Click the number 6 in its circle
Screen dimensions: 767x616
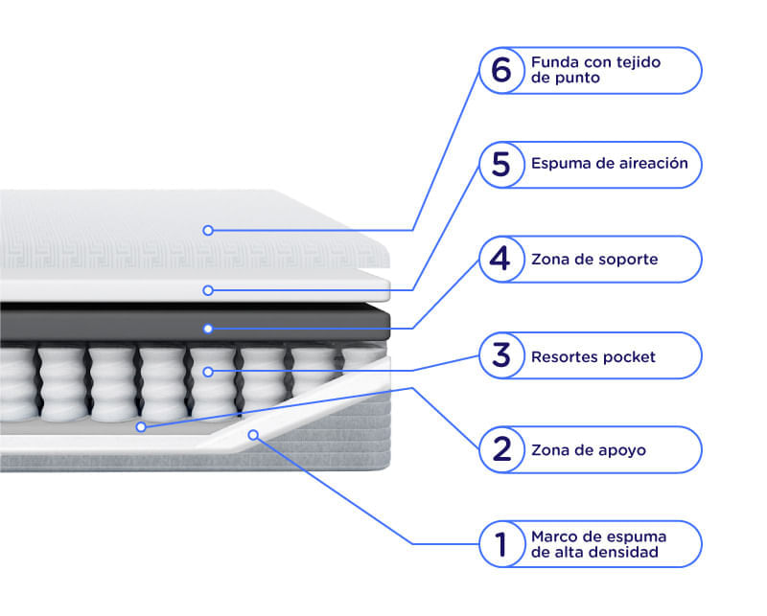pos(501,70)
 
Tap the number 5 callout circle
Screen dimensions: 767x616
pos(501,165)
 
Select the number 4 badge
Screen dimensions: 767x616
pos(501,259)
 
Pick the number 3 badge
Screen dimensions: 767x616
pos(501,355)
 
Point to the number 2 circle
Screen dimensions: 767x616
pos(501,449)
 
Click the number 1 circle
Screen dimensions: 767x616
pos(501,544)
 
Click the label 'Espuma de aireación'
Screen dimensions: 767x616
pos(610,163)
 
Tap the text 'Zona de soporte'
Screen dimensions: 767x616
pos(594,259)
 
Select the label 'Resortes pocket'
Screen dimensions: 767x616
pos(593,357)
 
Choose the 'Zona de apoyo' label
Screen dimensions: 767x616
pos(589,450)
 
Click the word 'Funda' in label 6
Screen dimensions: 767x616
pos(554,62)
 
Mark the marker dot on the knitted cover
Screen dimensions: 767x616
pos(208,230)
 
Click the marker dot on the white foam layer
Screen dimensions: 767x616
pos(208,290)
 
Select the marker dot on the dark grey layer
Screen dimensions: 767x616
pos(208,329)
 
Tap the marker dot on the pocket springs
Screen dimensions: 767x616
pos(208,372)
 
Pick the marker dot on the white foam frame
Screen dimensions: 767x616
pos(253,435)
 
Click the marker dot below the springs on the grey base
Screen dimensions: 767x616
pos(141,427)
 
